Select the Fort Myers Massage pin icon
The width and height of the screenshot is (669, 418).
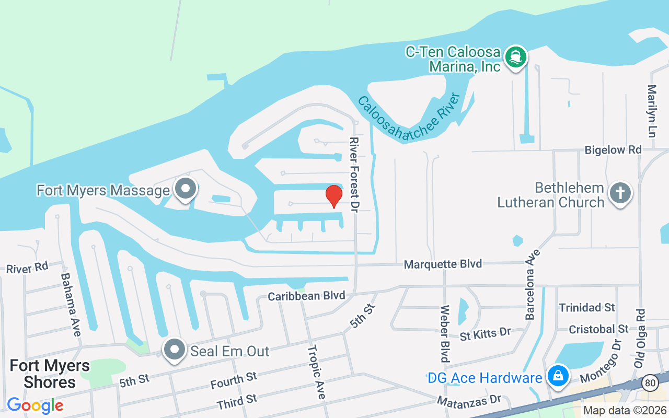pos(185,190)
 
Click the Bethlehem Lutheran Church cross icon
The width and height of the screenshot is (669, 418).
pos(620,193)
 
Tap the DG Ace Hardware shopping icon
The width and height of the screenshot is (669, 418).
pos(558,376)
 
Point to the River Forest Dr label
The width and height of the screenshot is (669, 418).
pos(355,168)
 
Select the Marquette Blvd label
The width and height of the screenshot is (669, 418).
pos(443,264)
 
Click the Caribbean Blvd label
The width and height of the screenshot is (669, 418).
pos(306,296)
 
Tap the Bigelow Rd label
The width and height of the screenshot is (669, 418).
pos(613,150)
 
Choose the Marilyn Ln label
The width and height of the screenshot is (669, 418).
pos(652,111)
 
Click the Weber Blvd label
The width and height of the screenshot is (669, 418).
pos(445,334)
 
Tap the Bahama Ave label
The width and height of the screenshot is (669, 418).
pos(71,305)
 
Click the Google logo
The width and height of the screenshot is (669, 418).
pos(35,405)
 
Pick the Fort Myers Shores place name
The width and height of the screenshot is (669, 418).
pos(50,374)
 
